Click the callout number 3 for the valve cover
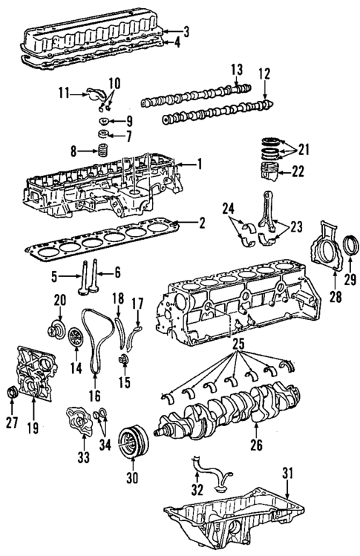(187, 31)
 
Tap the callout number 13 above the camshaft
(236, 70)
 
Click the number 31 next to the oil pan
(288, 473)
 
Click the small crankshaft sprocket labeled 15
(124, 361)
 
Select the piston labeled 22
(269, 171)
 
